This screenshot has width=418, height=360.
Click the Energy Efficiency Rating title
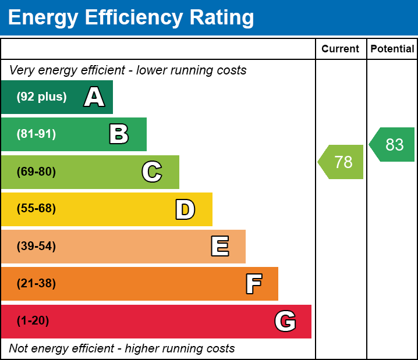[131, 17]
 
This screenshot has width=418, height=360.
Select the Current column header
[341, 49]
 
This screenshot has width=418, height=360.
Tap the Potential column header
[392, 49]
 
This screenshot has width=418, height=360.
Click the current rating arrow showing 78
[342, 162]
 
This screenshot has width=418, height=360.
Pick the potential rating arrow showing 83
[393, 144]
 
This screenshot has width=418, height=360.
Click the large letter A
[94, 97]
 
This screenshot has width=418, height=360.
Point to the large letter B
[119, 134]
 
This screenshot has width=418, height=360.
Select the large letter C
[152, 172]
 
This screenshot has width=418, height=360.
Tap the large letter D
[185, 209]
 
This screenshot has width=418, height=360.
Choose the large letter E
[219, 247]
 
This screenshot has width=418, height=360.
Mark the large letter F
[253, 284]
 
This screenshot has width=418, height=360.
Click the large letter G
[285, 321]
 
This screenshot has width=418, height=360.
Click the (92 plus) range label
[41, 97]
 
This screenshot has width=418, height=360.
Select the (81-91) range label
[36, 134]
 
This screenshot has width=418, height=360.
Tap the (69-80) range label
[36, 172]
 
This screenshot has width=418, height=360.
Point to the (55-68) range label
[36, 209]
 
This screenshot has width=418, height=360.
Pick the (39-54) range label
[36, 247]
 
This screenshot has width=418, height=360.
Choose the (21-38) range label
[36, 284]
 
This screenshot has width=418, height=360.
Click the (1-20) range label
[33, 321]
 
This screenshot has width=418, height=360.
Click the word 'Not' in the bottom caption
[18, 348]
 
